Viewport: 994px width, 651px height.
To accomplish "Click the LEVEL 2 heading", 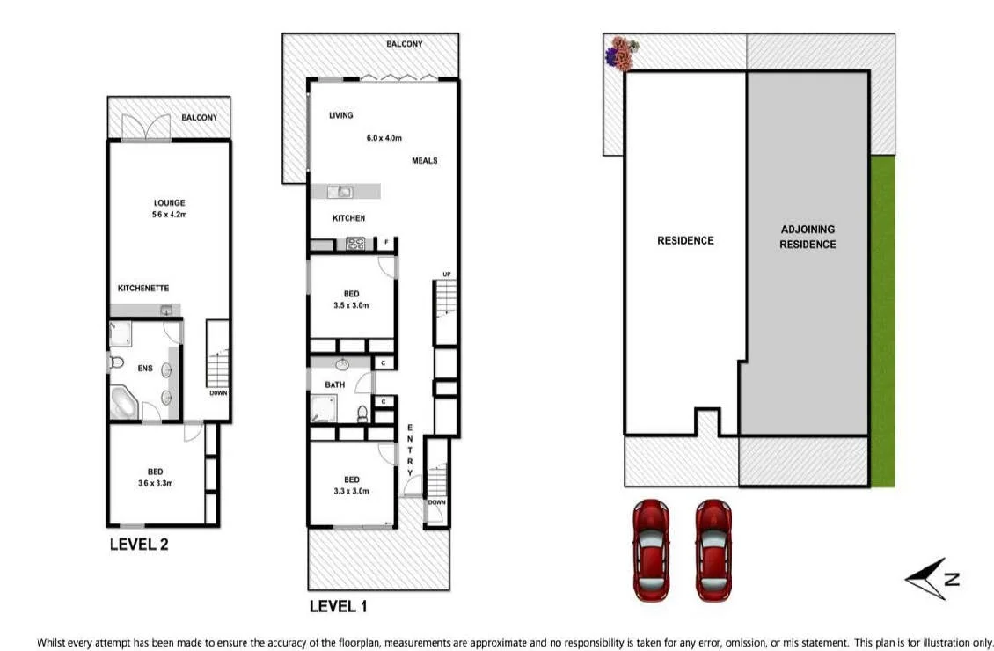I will [139, 544].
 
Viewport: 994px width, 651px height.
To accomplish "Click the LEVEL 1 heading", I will [339, 606].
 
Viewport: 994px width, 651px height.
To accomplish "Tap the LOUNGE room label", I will [169, 203].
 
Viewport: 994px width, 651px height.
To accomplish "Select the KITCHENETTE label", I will [143, 288].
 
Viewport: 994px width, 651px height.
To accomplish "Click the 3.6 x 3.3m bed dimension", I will [155, 482].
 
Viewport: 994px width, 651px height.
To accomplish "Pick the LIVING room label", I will [341, 115].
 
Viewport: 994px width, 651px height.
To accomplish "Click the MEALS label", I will [425, 161].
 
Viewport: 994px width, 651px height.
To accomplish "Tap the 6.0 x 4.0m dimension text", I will [384, 138].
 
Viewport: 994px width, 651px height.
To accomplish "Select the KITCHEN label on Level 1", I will [348, 218].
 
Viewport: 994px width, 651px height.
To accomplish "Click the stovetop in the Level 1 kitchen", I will [355, 245].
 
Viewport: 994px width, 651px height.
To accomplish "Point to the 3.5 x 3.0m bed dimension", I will [351, 305].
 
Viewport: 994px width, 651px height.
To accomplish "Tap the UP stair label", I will [447, 274].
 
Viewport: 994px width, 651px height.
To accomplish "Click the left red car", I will [652, 550].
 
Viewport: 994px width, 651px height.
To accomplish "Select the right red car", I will [713, 550].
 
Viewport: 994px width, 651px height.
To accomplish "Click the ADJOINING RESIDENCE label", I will [807, 237].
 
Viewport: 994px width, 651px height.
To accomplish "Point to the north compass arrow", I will [931, 579].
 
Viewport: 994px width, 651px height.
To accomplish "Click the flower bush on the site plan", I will [624, 54].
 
